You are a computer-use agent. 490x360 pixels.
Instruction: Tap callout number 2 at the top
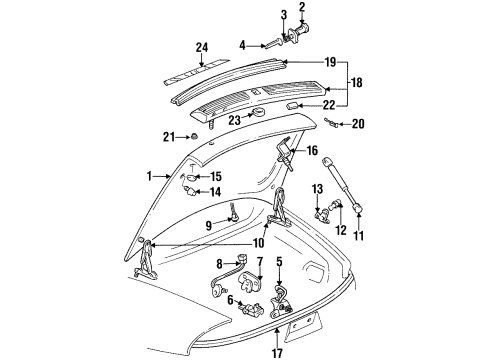301,8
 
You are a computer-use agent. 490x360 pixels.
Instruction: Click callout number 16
311,150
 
